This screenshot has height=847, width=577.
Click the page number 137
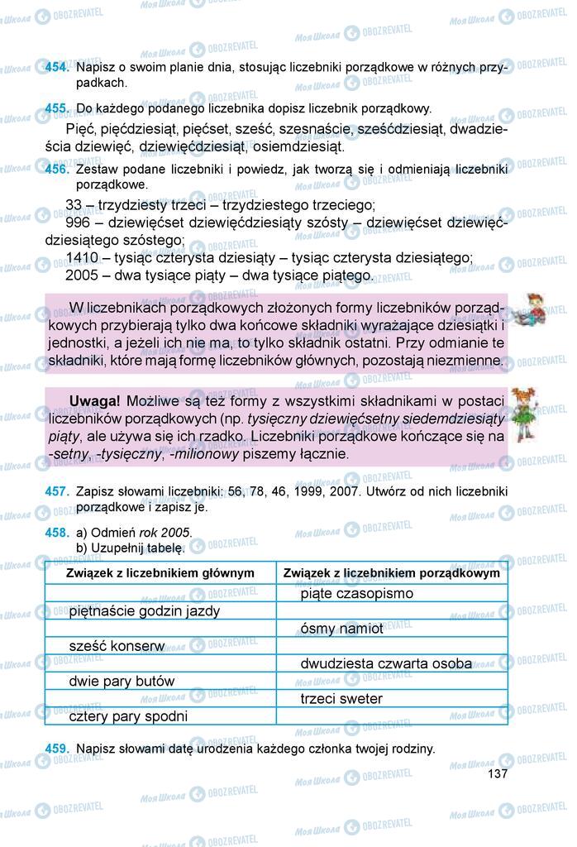pyautogui.click(x=497, y=774)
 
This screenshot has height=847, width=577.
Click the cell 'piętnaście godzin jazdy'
pyautogui.click(x=145, y=611)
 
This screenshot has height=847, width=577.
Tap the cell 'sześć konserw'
pyautogui.click(x=117, y=646)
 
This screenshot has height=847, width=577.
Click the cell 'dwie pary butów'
pyautogui.click(x=122, y=682)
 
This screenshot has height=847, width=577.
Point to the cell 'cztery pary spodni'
pyautogui.click(x=129, y=716)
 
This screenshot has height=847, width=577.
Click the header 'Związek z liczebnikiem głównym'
pyautogui.click(x=160, y=572)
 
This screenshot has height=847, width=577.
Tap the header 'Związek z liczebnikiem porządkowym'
pyautogui.click(x=391, y=572)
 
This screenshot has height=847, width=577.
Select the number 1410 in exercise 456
pyautogui.click(x=81, y=258)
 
